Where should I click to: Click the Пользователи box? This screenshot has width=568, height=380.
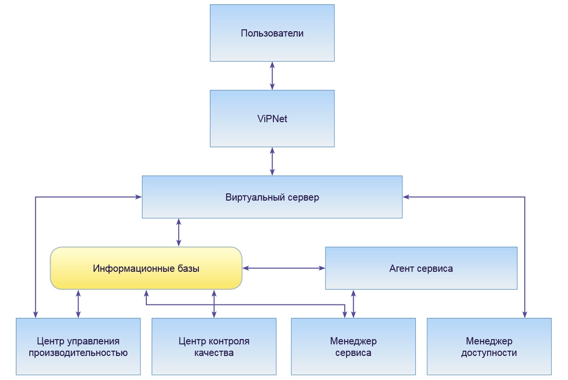click(x=272, y=33)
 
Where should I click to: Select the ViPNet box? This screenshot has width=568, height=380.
click(x=272, y=118)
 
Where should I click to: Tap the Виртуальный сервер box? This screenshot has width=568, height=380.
click(x=272, y=197)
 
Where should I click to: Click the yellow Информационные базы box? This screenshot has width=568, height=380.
click(x=146, y=268)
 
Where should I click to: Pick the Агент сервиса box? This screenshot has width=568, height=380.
click(x=421, y=268)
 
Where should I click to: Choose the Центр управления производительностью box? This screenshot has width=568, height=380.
click(x=78, y=346)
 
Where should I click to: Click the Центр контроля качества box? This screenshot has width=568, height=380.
click(x=214, y=346)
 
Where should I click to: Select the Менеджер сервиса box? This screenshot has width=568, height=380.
click(x=353, y=346)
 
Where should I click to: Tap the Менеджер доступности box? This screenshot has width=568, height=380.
click(x=489, y=346)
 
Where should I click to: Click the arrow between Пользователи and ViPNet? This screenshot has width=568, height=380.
click(x=272, y=76)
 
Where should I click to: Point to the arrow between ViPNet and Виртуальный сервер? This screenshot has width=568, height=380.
click(x=272, y=161)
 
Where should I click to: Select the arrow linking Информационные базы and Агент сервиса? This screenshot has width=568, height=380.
click(x=284, y=268)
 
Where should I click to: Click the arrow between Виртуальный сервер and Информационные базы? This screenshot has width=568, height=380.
click(x=179, y=232)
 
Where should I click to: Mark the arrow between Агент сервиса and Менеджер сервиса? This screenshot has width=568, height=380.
click(x=354, y=304)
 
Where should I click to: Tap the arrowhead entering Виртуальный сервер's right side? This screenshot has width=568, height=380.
click(x=406, y=197)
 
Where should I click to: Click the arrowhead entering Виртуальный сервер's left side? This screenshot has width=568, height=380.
click(x=138, y=197)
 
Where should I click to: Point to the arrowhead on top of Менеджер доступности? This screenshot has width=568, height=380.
click(x=525, y=314)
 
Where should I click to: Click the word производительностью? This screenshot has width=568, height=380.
click(x=78, y=353)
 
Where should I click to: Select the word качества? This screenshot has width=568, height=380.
click(x=214, y=353)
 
